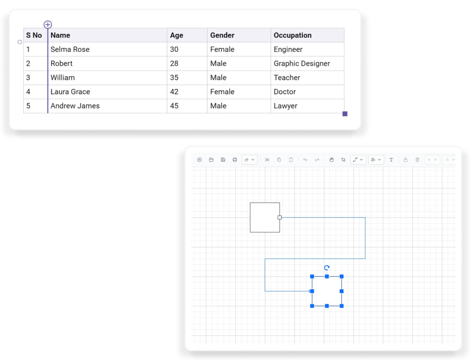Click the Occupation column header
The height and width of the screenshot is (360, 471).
293,35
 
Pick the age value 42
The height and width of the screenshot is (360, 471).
174,92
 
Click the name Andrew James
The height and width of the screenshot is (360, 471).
75,106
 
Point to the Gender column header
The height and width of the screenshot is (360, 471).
222,35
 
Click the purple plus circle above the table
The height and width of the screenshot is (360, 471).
48,25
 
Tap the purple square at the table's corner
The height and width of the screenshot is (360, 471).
345,114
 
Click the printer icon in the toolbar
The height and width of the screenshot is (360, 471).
235,160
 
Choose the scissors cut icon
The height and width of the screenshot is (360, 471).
267,160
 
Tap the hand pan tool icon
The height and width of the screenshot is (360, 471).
331,160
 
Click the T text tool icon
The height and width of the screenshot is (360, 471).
391,160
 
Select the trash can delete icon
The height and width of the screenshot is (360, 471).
417,160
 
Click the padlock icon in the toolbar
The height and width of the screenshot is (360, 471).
406,160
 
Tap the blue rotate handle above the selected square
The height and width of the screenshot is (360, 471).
327,268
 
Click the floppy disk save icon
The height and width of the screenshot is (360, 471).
223,160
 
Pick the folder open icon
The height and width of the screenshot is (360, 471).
211,160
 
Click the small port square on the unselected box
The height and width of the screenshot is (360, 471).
280,217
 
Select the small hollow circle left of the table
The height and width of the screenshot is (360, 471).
20,42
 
